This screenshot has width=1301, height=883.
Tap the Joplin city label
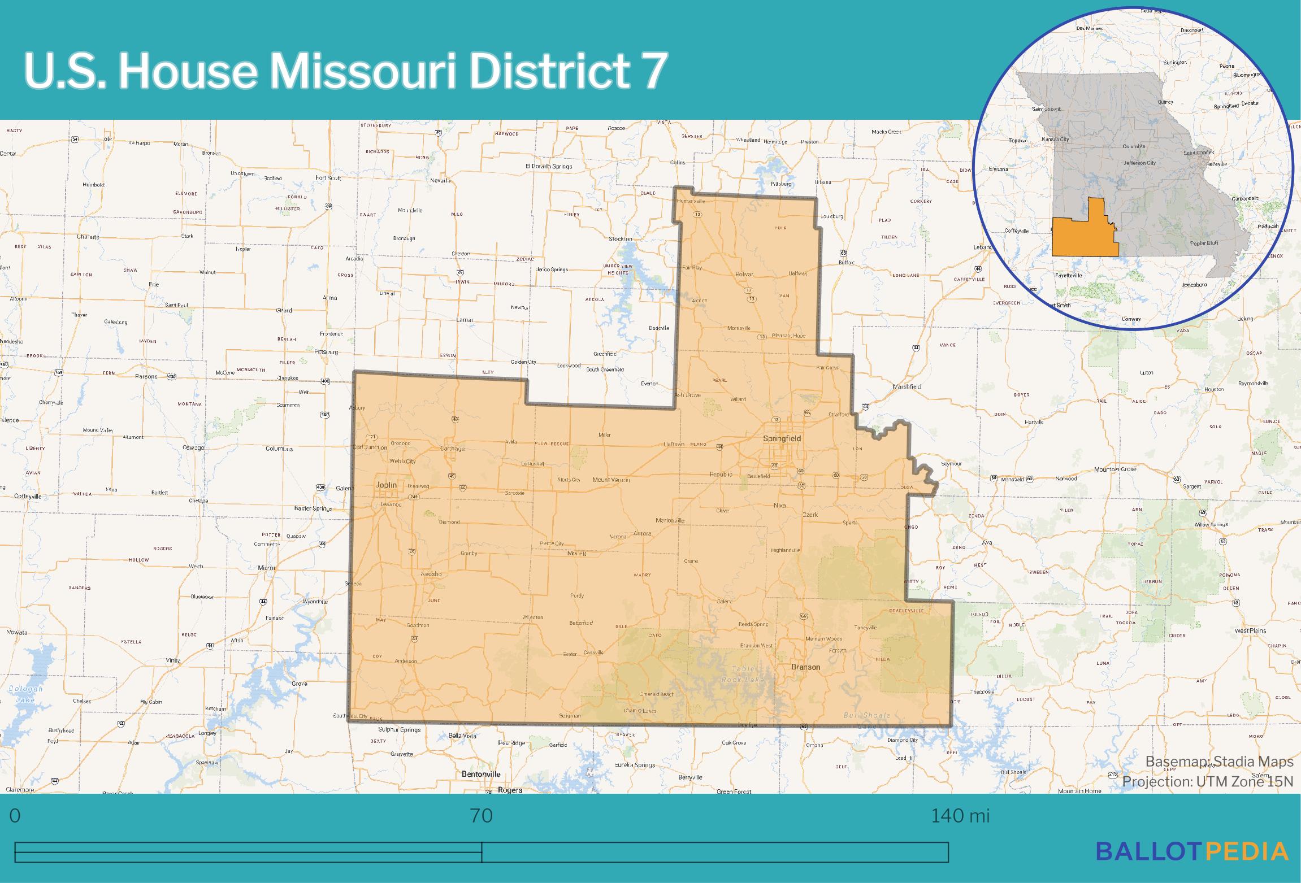click(386, 485)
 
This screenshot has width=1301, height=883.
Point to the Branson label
click(805, 667)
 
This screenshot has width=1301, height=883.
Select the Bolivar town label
click(744, 274)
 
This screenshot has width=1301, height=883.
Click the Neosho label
click(431, 574)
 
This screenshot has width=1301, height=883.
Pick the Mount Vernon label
click(611, 480)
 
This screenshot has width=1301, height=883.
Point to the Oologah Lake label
click(22, 694)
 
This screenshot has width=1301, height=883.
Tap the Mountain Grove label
click(1115, 469)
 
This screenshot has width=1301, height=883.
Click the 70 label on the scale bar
click(481, 816)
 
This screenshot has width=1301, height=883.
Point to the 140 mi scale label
click(960, 816)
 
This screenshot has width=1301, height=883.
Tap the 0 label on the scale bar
click(15, 816)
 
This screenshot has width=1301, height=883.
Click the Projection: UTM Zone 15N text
click(1208, 782)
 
